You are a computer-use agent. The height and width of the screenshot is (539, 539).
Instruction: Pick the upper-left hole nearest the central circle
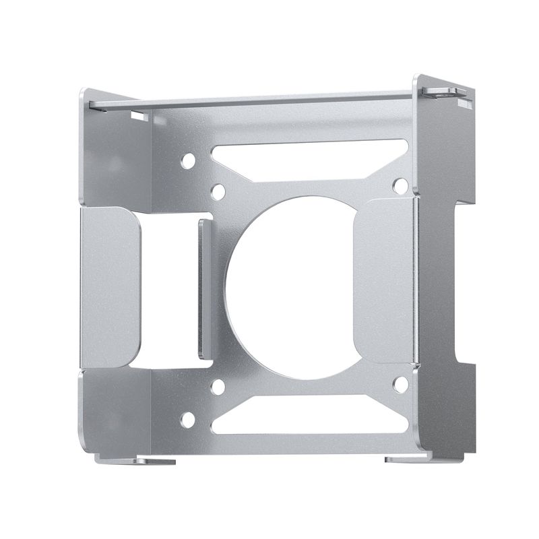coord(218,192)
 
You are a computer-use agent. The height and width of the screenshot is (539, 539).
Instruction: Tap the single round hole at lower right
coord(400,385)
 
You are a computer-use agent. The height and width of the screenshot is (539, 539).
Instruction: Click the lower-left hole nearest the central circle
coord(218,387)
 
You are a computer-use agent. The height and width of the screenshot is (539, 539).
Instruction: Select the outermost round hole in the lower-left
coord(188,420)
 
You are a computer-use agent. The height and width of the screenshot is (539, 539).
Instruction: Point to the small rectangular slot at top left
coord(140,117)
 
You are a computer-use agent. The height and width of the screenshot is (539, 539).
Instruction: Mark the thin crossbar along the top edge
coord(256,101)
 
